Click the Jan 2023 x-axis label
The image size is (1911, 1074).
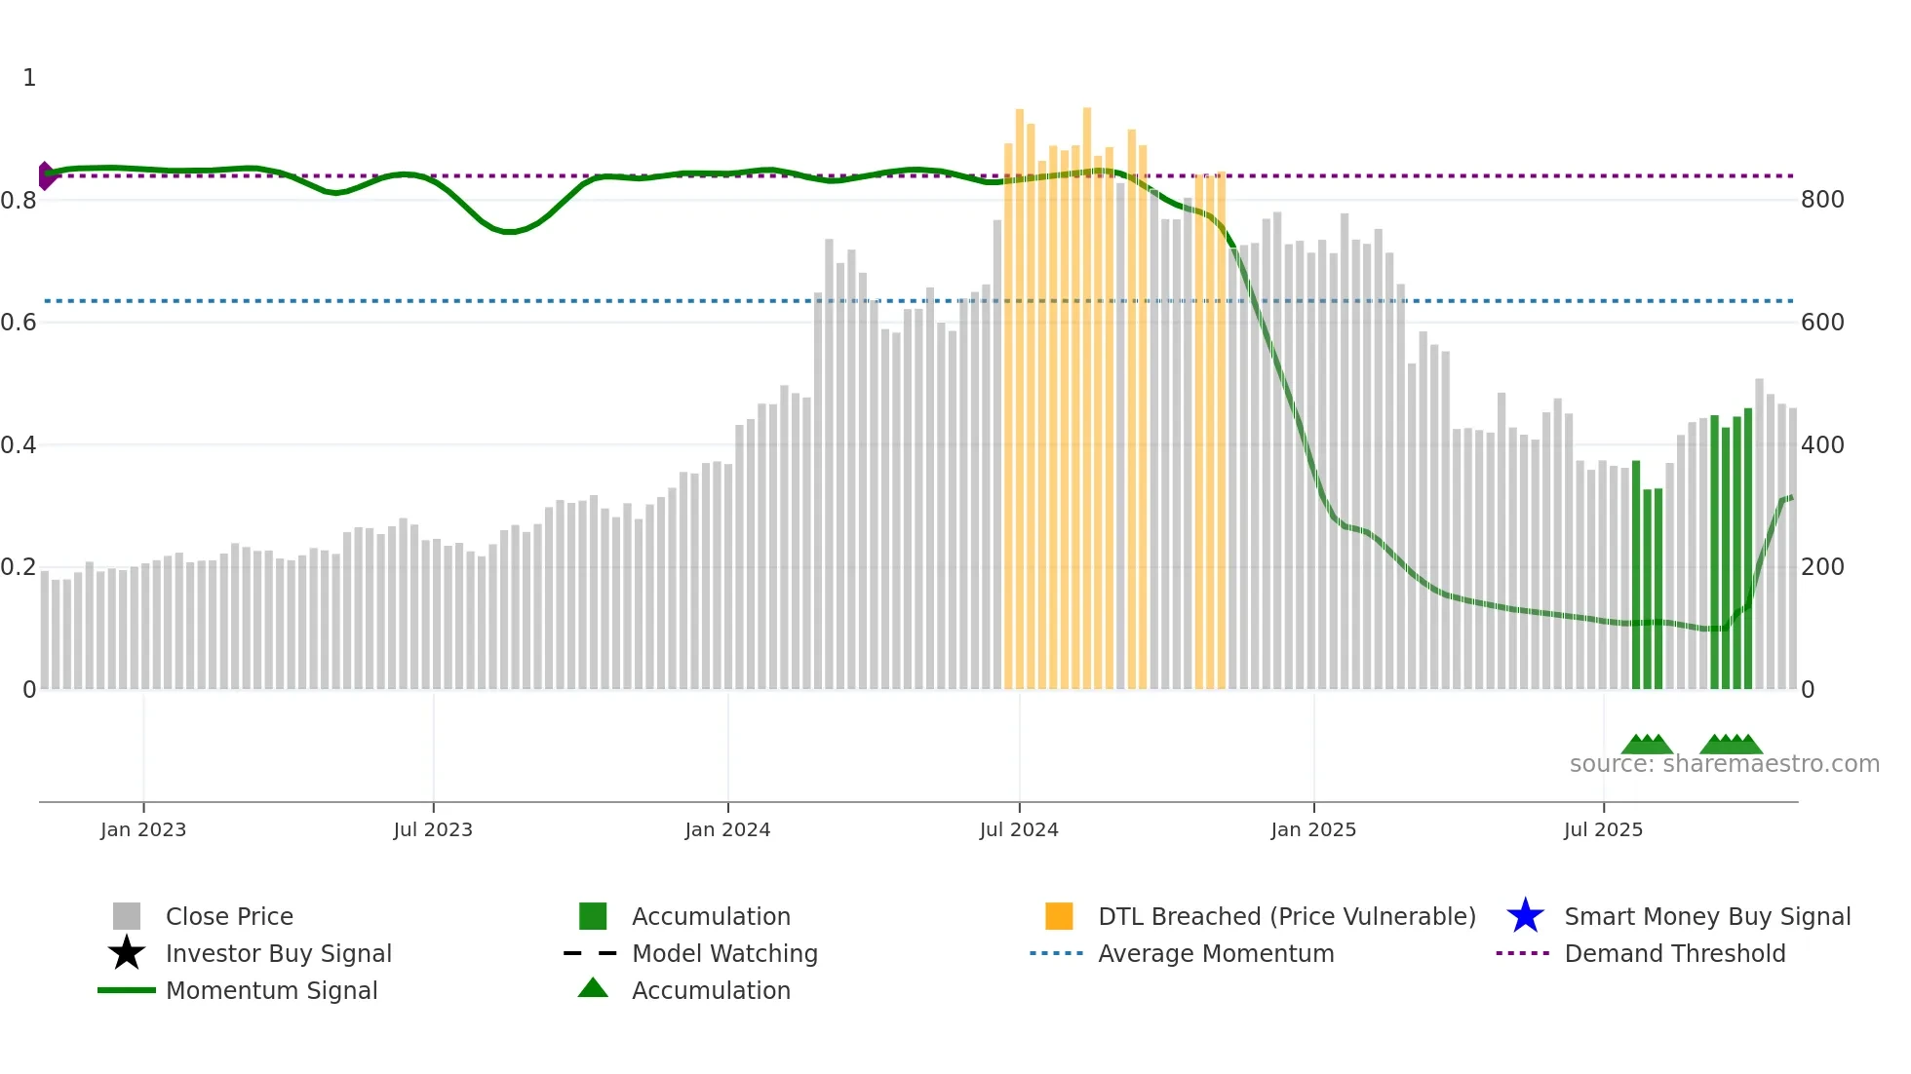(142, 829)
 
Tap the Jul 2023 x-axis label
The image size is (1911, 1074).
(433, 829)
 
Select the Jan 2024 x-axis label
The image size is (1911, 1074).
(727, 829)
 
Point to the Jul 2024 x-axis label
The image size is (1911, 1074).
(1019, 829)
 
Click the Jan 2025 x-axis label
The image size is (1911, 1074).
(1313, 829)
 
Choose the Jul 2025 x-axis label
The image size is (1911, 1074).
(1603, 829)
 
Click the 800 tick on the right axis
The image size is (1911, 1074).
(1822, 200)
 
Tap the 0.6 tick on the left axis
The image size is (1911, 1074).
(19, 323)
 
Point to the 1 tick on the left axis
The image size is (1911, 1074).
(29, 78)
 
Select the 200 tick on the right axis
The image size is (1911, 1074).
(1822, 567)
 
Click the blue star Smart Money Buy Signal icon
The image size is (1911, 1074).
(1525, 916)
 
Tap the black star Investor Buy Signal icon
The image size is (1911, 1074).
(127, 953)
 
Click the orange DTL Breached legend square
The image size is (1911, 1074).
(1059, 916)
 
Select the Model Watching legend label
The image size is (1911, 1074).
(724, 953)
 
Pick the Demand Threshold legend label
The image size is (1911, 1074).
(1674, 953)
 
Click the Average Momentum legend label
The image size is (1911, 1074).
(1216, 953)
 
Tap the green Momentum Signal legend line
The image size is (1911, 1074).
(127, 990)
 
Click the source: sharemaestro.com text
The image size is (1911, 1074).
(1724, 764)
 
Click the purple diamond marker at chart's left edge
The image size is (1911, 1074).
(45, 175)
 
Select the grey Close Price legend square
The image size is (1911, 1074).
(127, 916)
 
